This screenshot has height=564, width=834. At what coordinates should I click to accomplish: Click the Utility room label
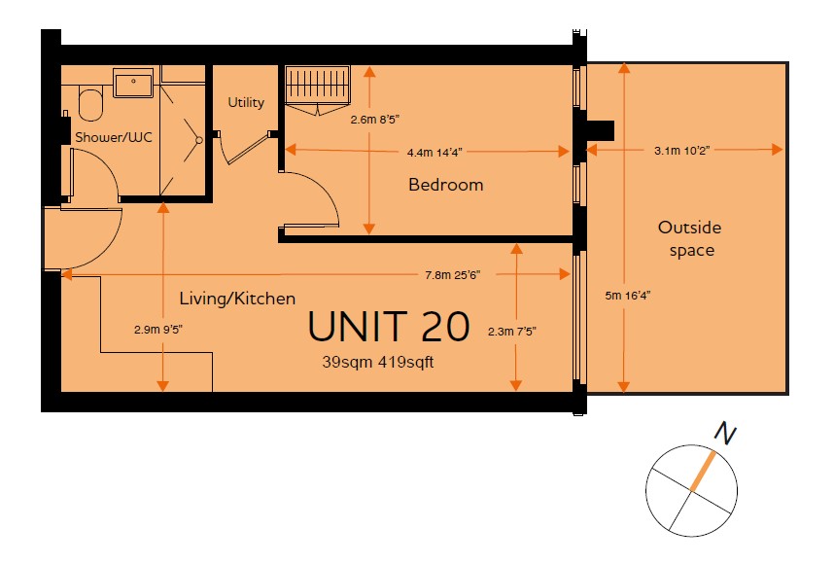point(246,102)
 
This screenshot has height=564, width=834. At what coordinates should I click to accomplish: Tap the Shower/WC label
point(114,137)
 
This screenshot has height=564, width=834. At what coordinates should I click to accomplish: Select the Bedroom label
point(446,185)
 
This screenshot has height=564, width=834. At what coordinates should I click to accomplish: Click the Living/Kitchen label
point(237,298)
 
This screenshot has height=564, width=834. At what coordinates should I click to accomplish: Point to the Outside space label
point(690,239)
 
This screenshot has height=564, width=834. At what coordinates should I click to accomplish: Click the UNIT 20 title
point(389,327)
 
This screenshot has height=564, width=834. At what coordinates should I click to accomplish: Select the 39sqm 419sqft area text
point(378,363)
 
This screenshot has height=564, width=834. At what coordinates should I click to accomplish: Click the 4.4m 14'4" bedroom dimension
point(434,153)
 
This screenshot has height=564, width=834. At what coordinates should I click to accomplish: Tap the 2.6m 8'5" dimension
point(375,120)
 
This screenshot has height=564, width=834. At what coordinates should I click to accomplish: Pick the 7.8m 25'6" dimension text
point(453,275)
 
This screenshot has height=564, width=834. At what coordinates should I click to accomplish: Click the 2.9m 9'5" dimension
point(158,330)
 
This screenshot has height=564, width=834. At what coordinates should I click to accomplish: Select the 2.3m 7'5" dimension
point(511,332)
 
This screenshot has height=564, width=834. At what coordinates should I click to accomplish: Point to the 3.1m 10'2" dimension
point(682,151)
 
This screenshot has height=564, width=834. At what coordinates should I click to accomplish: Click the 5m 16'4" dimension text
point(628,296)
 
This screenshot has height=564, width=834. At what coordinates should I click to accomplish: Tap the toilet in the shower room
point(90,105)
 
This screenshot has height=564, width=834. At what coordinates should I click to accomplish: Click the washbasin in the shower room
point(133,83)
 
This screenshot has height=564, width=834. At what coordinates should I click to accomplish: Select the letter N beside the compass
point(725,433)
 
